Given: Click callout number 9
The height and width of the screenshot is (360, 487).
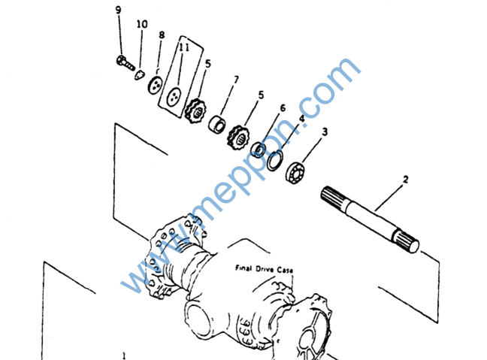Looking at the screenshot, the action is (118, 10).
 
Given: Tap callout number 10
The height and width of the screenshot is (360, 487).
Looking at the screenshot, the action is (142, 24).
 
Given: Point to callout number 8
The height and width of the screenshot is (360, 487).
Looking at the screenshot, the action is (162, 35).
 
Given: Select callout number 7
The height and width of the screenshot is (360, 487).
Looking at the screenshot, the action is (236, 80).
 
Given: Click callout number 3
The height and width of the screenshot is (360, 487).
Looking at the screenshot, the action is (325, 132).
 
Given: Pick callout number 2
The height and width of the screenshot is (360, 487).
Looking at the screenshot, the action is (405, 179).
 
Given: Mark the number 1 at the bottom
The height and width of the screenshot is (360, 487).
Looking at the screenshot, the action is (124, 355).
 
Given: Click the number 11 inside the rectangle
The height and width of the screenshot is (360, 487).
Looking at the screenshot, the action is (184, 47).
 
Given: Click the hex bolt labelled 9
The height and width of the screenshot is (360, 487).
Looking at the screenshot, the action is (126, 63).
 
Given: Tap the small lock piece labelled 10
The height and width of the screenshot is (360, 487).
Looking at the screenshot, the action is (140, 75).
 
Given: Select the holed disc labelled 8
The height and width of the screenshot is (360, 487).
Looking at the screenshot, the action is (155, 85).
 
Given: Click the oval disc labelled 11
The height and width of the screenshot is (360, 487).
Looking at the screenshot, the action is (174, 97).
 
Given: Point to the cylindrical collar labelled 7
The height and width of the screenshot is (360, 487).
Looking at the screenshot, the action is (216, 123).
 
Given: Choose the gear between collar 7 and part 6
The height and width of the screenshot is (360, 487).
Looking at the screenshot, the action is (238, 138).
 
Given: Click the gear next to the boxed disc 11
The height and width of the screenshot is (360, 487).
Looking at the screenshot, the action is (195, 110).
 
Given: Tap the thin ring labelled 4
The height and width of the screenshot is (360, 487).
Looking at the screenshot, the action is (275, 160).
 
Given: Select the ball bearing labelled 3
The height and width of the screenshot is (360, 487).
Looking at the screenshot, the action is (295, 172).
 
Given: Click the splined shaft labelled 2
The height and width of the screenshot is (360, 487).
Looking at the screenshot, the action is (370, 219).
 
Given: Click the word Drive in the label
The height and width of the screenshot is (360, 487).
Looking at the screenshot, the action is (265, 269).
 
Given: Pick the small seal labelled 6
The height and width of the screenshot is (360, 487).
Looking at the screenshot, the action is (258, 150).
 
